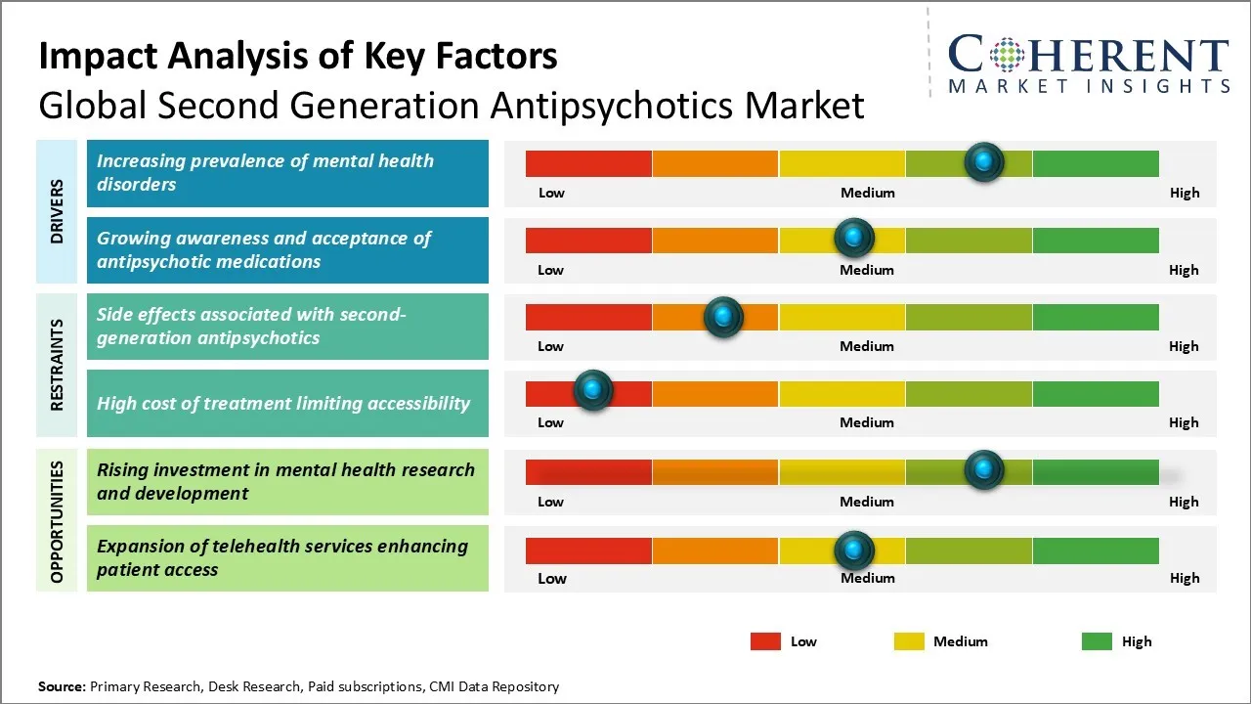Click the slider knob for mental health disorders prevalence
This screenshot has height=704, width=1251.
[984, 161]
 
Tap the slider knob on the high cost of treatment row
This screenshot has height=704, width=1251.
[591, 390]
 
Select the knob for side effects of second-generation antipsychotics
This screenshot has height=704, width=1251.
[723, 317]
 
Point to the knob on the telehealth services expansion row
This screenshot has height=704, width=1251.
[854, 550]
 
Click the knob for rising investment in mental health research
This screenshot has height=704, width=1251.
[984, 469]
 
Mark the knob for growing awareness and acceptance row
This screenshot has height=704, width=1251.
[854, 238]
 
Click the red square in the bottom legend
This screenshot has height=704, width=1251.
[765, 641]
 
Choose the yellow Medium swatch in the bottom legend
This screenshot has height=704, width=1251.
[909, 641]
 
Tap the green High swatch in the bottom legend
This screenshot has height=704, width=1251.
[1097, 641]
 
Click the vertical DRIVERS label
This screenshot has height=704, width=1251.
[58, 211]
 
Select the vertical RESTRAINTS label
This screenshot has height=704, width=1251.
[58, 365]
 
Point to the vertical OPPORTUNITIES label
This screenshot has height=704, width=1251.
[58, 522]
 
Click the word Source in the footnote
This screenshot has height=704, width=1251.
[62, 686]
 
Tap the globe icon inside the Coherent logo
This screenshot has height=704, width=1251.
[1006, 55]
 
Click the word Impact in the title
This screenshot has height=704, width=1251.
[89, 57]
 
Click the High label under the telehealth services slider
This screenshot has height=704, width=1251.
[1185, 578]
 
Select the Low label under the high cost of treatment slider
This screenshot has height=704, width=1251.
[551, 422]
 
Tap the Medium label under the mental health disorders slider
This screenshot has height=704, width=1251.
[868, 193]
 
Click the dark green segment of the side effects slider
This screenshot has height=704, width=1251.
[1095, 317]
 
